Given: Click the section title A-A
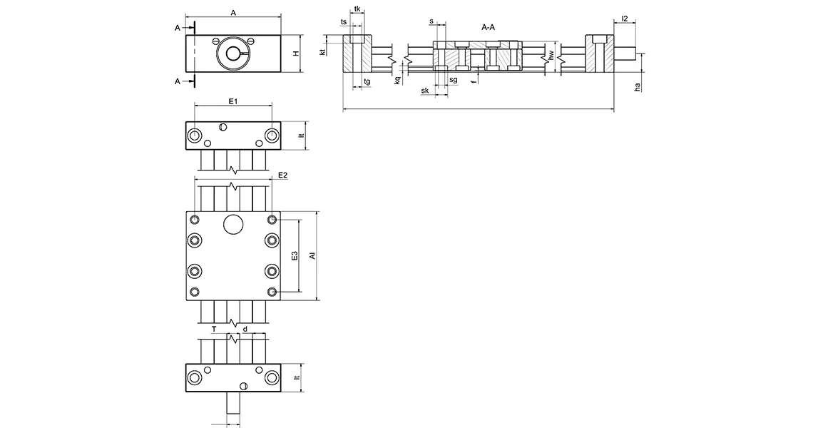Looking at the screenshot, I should pyautogui.click(x=489, y=27).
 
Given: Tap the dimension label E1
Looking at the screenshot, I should pyautogui.click(x=232, y=102).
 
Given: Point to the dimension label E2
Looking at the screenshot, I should pyautogui.click(x=282, y=175).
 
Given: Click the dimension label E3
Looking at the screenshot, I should pyautogui.click(x=295, y=257).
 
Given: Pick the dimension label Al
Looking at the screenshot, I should pyautogui.click(x=312, y=256).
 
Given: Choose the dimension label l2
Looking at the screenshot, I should pyautogui.click(x=625, y=19).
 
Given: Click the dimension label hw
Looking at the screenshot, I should pyautogui.click(x=551, y=54).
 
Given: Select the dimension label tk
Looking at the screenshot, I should pyautogui.click(x=357, y=9).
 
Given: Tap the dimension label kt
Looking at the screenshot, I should pyautogui.click(x=323, y=52).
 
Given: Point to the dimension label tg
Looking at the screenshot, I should pyautogui.click(x=367, y=82).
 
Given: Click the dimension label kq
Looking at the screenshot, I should pyautogui.click(x=397, y=80).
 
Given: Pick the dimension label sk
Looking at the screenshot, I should pyautogui.click(x=425, y=91).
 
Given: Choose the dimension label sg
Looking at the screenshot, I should pyautogui.click(x=453, y=80).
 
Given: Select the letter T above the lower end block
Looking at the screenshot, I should pyautogui.click(x=214, y=329).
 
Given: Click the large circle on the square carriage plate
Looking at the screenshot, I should pyautogui.click(x=233, y=224).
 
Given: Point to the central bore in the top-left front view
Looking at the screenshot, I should pyautogui.click(x=233, y=53).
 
